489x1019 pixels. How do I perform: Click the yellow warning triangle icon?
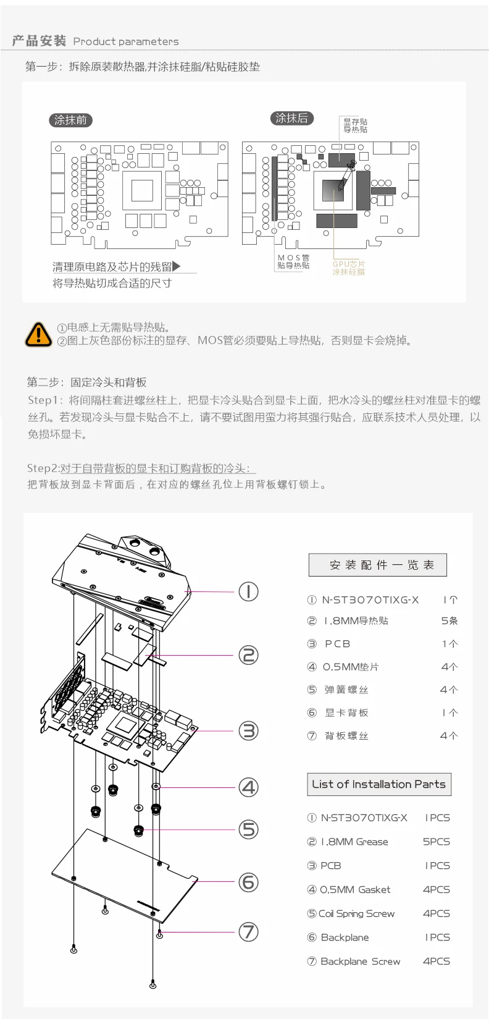(38, 334)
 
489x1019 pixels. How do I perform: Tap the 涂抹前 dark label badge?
(70, 120)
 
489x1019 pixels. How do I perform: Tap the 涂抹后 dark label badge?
(292, 118)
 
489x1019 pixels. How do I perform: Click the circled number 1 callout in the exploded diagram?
(248, 592)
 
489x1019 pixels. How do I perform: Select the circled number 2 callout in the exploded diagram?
(248, 655)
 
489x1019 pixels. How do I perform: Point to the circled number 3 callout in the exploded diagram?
(248, 731)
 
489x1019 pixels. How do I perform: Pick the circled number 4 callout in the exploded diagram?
(248, 787)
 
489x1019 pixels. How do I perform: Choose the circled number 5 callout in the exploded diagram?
(248, 829)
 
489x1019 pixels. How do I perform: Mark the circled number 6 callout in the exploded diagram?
(248, 882)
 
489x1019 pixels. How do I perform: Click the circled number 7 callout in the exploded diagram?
(248, 931)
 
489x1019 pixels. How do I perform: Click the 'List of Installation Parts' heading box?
(379, 784)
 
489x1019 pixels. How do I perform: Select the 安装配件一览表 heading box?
(378, 565)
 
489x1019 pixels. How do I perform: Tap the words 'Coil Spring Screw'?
(356, 913)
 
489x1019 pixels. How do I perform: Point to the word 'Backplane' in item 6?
(345, 937)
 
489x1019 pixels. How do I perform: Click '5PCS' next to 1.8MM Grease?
(436, 842)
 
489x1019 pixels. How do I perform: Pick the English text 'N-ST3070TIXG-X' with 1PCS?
(364, 818)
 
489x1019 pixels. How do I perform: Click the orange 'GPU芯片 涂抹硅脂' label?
(349, 268)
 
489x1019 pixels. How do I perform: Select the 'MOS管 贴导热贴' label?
(293, 261)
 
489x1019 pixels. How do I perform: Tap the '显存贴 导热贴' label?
(355, 125)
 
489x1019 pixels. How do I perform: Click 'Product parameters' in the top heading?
(126, 41)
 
